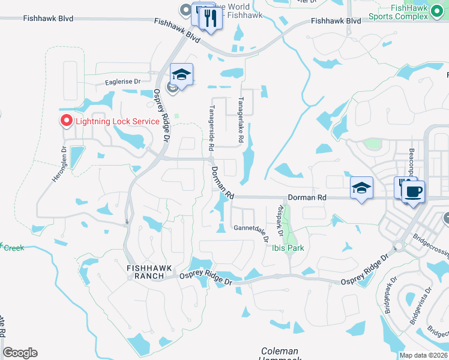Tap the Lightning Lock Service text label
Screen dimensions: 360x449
tap(117, 121)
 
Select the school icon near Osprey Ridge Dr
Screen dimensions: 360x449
tap(181, 75)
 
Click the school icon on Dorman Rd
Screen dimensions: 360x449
tap(361, 188)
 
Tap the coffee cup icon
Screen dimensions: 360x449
tap(412, 192)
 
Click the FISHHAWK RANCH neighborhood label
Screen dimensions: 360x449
tap(145, 271)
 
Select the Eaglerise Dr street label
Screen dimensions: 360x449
tap(122, 82)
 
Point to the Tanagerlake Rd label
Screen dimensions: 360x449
tap(241, 120)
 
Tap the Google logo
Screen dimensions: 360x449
tap(20, 353)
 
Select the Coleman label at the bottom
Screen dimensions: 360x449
tap(280, 351)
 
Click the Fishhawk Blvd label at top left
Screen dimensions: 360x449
tap(48, 19)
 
